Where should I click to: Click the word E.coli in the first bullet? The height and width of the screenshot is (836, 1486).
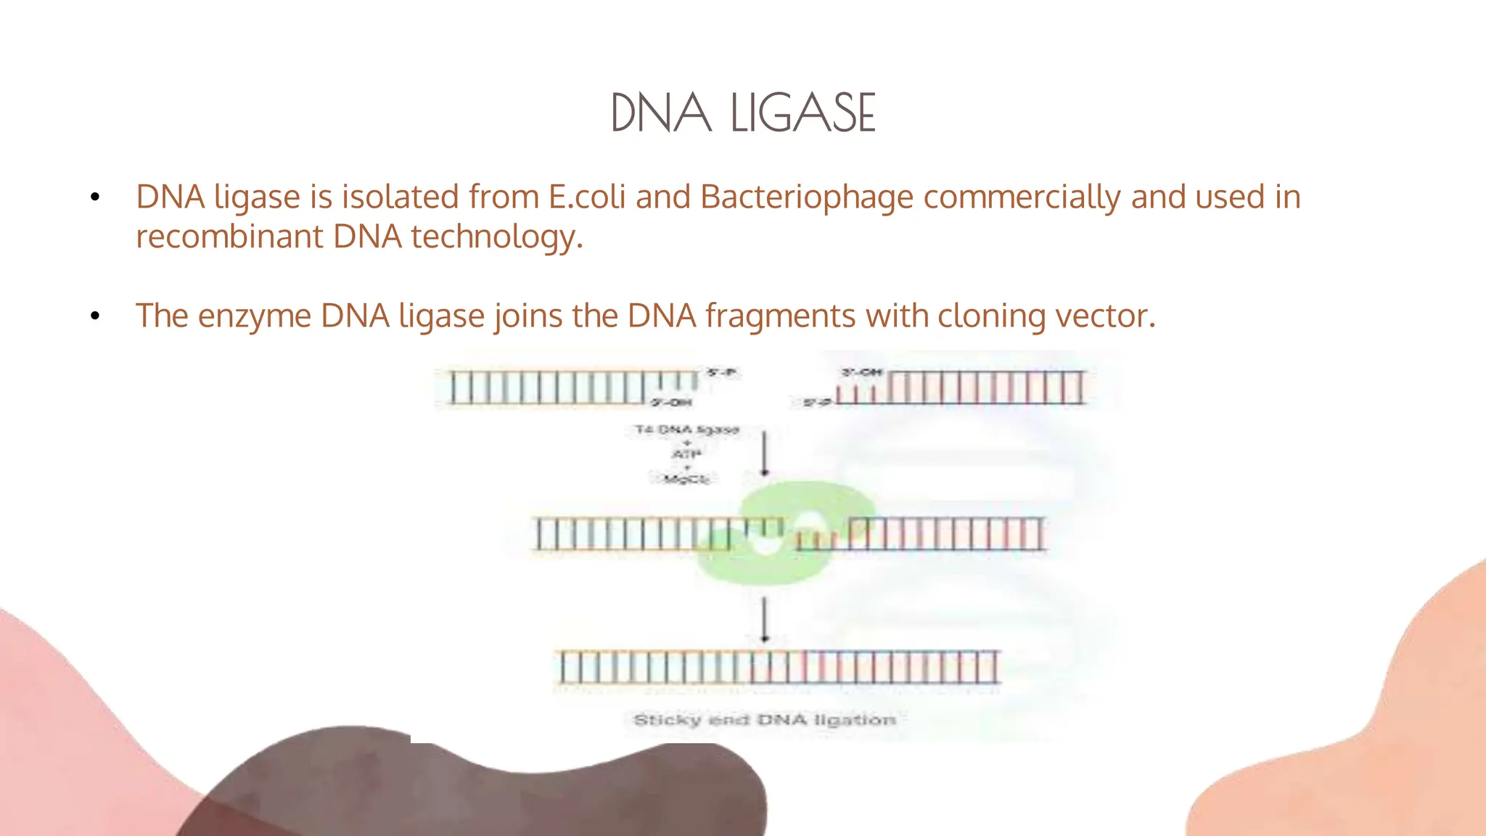point(586,197)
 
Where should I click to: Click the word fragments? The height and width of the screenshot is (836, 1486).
point(780,316)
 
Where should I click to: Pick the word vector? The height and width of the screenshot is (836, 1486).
point(1104,316)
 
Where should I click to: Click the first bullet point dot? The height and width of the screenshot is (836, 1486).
point(95,197)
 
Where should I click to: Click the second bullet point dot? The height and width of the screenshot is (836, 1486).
point(95,316)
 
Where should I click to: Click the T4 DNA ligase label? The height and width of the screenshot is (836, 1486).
point(686,430)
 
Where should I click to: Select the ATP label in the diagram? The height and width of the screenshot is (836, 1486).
point(686,454)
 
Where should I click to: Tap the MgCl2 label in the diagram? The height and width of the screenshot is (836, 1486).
point(686,479)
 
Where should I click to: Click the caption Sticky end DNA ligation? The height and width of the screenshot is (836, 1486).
point(765,720)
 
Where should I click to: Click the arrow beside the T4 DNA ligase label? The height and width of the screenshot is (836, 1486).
point(764,453)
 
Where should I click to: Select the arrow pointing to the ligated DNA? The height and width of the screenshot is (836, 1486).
point(764,619)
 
